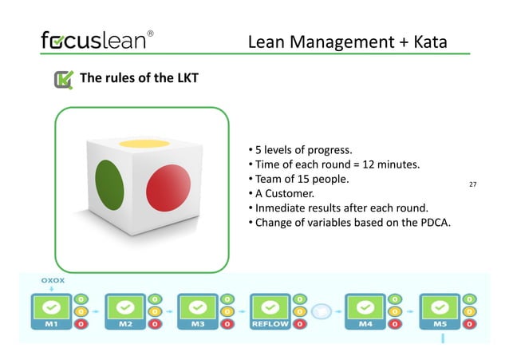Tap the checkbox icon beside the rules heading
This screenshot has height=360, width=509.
[63, 79]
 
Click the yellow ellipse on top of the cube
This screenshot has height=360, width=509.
[144, 144]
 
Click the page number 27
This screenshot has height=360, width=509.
[472, 185]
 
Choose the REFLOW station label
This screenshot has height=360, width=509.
[270, 325]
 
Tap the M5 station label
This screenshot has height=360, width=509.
[439, 325]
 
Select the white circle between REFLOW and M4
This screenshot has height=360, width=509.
[322, 310]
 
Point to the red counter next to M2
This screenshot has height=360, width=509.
[152, 325]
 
